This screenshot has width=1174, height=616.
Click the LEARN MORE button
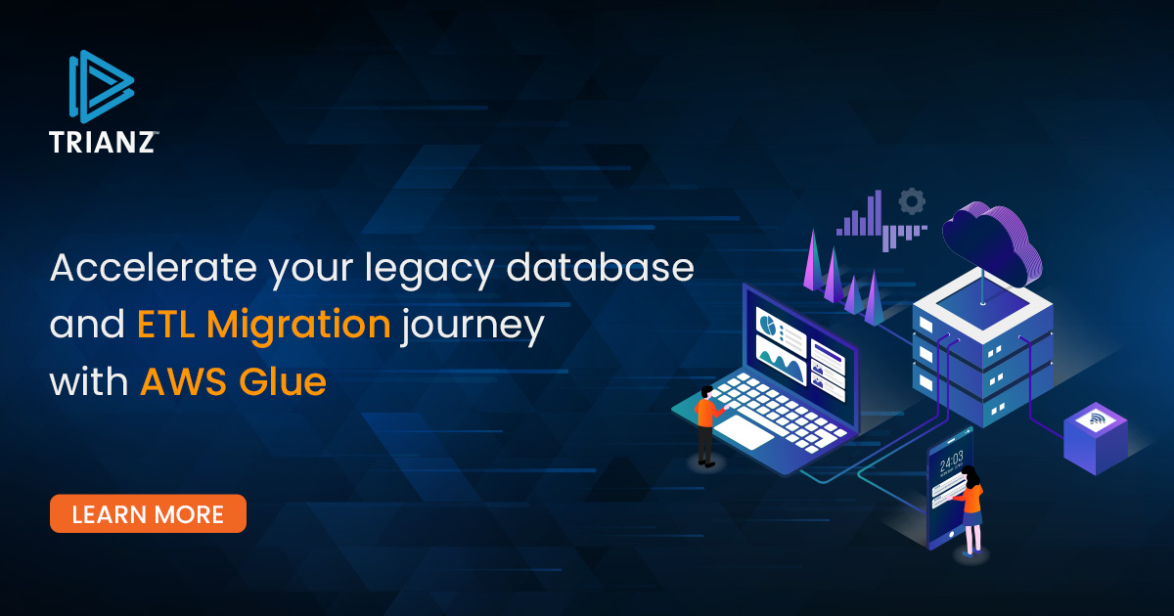tap(148, 513)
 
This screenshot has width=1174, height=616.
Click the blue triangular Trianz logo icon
tap(101, 86)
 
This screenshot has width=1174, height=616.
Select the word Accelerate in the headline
tap(153, 267)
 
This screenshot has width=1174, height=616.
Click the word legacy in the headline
tap(429, 270)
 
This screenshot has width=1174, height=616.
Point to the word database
tap(600, 267)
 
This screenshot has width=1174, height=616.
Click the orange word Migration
tap(298, 326)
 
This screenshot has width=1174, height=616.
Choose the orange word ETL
tap(165, 325)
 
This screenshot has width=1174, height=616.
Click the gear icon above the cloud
tap(912, 201)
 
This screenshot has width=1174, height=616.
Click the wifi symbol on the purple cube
tap(1096, 418)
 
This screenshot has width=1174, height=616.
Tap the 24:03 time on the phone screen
tap(951, 461)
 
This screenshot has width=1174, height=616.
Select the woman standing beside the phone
tap(970, 510)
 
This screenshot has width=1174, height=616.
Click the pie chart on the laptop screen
tap(767, 323)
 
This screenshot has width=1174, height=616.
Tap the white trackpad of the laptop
tap(744, 431)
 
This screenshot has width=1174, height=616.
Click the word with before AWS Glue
tap(89, 380)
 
